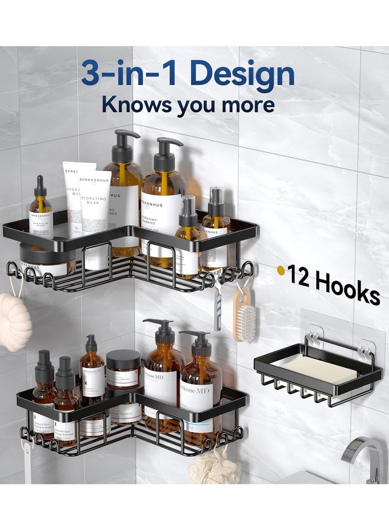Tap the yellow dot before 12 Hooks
tap(281, 270)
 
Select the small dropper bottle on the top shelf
tap(40, 214)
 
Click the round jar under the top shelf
tap(47, 257)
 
